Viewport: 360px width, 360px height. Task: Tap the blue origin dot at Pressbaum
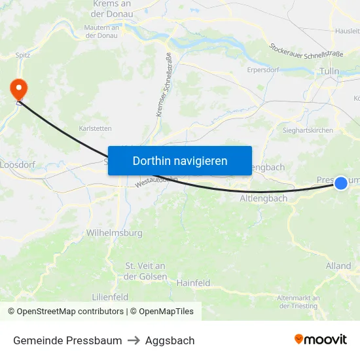pyautogui.click(x=341, y=183)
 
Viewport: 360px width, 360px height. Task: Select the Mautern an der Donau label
pyautogui.click(x=101, y=31)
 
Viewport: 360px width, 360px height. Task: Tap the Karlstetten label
pyautogui.click(x=95, y=128)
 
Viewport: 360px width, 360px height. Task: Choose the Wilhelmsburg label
pyautogui.click(x=115, y=232)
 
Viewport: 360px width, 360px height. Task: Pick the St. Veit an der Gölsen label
pyautogui.click(x=145, y=271)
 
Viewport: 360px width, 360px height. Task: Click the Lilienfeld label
pyautogui.click(x=109, y=297)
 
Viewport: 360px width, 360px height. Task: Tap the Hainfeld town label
pyautogui.click(x=193, y=283)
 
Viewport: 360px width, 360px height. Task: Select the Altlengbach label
pyautogui.click(x=264, y=198)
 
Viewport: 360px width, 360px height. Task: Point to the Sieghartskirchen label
pyautogui.click(x=307, y=131)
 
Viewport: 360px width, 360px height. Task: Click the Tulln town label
pyautogui.click(x=329, y=71)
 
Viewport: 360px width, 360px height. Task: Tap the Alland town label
pyautogui.click(x=338, y=266)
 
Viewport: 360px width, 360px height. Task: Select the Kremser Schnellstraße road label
pyautogui.click(x=164, y=85)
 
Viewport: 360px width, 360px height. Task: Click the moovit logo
pyautogui.click(x=321, y=340)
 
